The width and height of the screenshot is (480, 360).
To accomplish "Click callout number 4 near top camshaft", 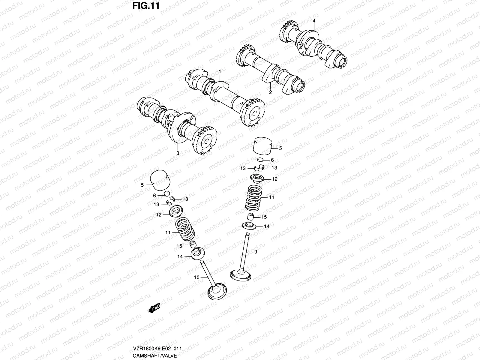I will [314, 21].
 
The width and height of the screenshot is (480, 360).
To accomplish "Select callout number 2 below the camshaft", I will [270, 92].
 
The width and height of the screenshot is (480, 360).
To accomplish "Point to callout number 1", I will [220, 72].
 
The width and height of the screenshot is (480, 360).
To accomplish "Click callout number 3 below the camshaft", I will [178, 153].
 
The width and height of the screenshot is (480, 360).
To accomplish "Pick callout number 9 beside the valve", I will [256, 252].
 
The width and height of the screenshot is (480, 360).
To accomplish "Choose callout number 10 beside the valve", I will [196, 277].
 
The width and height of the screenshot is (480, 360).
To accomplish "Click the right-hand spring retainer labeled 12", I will [258, 179].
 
